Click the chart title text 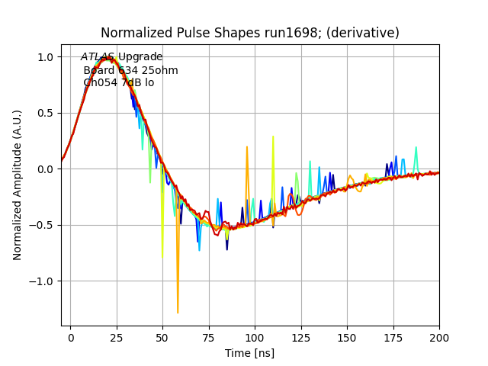tap(250, 33)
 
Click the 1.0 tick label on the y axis tap(45, 57)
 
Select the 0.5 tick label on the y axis tap(45, 113)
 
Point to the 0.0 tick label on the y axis tap(45, 169)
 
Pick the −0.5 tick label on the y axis tap(42, 225)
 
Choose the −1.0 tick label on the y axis tap(42, 281)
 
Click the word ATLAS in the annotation tap(98, 57)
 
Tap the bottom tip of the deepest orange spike tap(178, 313)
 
